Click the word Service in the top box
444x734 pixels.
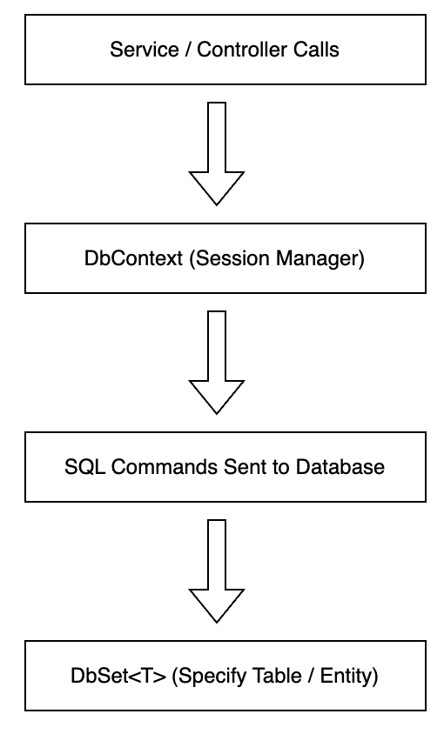click(145, 50)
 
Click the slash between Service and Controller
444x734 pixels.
click(188, 50)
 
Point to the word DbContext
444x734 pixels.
click(133, 258)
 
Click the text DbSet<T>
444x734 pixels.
click(118, 676)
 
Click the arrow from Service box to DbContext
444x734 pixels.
click(217, 154)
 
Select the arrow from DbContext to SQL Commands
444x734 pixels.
click(217, 363)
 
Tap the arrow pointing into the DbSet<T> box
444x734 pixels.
click(217, 571)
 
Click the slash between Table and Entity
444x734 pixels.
click(311, 676)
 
